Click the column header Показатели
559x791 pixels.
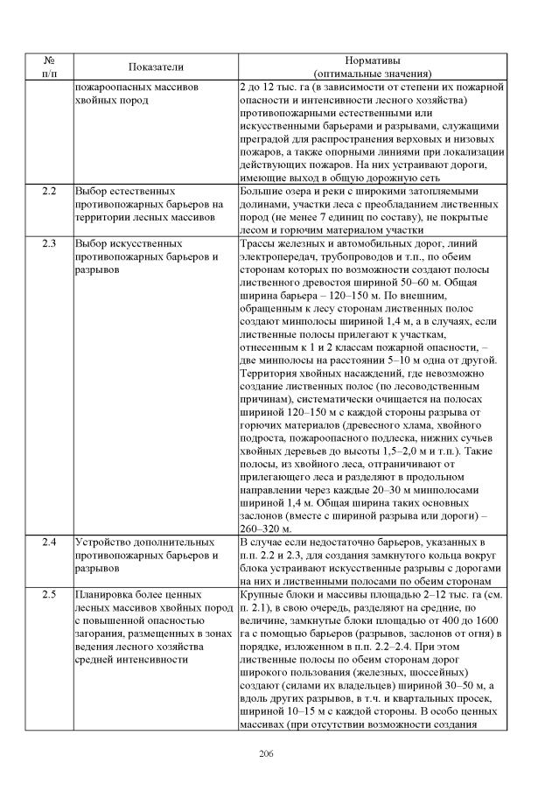(156, 67)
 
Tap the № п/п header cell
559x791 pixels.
(49, 67)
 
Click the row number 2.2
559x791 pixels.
(49, 190)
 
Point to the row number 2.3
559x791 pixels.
(49, 241)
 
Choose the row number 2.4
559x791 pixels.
(49, 543)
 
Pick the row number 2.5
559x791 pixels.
(49, 594)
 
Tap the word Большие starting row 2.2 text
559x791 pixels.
(262, 190)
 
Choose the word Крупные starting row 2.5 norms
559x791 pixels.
(262, 594)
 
